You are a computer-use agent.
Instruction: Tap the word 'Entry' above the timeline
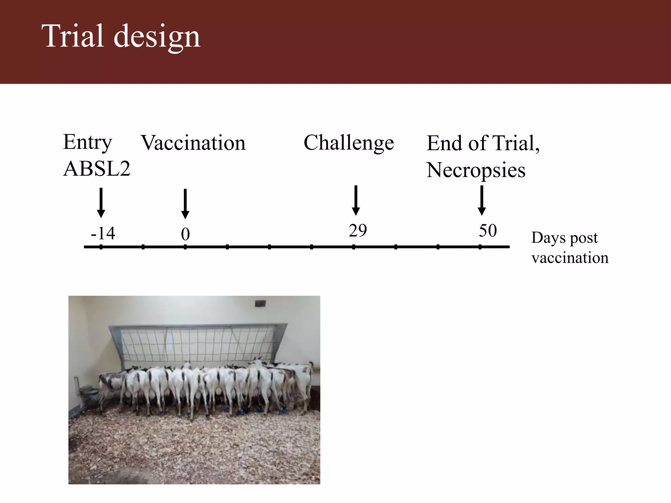tap(87, 142)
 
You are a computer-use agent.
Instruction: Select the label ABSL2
tap(97, 169)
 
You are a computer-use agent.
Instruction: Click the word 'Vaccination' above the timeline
tap(193, 143)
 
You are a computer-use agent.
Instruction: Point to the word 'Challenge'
tap(349, 143)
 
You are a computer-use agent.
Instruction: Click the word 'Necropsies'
tap(476, 171)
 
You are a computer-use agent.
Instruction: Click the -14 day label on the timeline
tap(103, 233)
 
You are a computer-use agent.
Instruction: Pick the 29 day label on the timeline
tap(357, 231)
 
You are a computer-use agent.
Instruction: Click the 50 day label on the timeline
tap(488, 231)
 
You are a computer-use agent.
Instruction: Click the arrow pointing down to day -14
tap(101, 203)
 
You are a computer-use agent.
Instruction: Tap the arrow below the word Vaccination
tap(185, 204)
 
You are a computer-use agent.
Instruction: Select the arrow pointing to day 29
tap(356, 200)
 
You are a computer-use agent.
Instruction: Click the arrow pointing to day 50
tap(482, 200)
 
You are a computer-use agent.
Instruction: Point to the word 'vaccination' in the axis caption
tap(570, 258)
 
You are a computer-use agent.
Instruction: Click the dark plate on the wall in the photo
tap(260, 303)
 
